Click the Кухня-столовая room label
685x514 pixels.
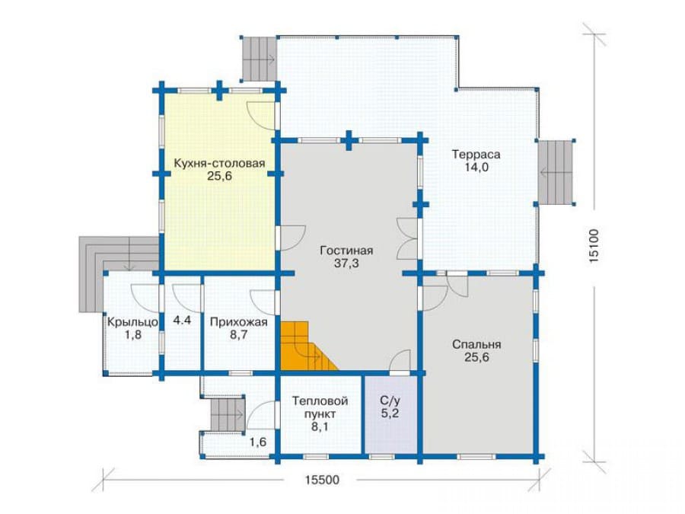[x=219, y=164]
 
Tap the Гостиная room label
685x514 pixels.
[x=346, y=251]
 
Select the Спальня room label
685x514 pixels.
[x=476, y=345]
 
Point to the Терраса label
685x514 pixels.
[x=476, y=155]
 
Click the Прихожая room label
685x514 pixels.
[x=238, y=323]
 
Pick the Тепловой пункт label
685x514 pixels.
[x=320, y=407]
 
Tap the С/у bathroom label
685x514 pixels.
[x=390, y=401]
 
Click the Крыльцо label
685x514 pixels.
[x=132, y=323]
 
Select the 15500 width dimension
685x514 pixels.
[x=322, y=480]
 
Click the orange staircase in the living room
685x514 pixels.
[x=305, y=346]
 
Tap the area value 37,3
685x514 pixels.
[x=346, y=263]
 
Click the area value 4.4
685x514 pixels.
[x=182, y=321]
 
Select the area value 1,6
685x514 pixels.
[x=258, y=442]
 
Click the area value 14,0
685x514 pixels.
[x=476, y=168]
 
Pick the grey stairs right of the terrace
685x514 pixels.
[x=555, y=172]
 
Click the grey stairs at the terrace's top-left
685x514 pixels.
[x=259, y=59]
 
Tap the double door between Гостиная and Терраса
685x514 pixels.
[x=408, y=238]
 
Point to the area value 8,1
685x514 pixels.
[x=320, y=426]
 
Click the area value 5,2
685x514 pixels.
[x=390, y=413]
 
